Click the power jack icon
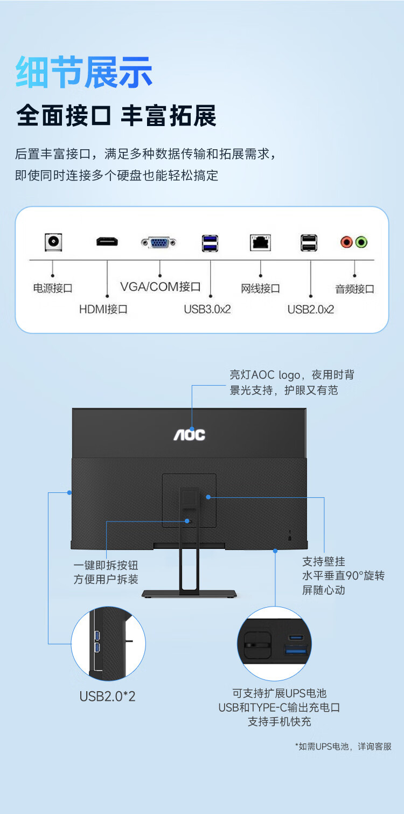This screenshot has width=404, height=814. tap(53, 242)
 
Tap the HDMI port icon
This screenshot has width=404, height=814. tap(107, 241)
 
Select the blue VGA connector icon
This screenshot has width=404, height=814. tap(159, 243)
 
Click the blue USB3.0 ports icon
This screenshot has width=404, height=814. tap(210, 243)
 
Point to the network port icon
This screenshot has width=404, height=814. tap(260, 242)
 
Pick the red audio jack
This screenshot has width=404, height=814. tap(346, 242)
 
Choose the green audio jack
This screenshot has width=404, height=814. tap(361, 242)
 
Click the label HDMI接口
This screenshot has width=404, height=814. tap(103, 309)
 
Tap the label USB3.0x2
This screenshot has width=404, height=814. tap(207, 309)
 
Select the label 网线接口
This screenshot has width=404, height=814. tap(260, 289)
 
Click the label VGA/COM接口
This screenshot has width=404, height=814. tap(160, 287)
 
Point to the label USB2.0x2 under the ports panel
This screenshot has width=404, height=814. tap(311, 309)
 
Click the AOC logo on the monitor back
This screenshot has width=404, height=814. tap(189, 434)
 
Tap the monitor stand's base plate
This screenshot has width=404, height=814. tap(189, 594)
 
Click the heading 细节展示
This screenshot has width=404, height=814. tap(84, 73)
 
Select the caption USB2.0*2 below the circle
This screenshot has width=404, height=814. tap(108, 696)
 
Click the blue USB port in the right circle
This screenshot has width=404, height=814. tap(296, 651)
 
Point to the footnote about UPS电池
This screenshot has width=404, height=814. tap(343, 747)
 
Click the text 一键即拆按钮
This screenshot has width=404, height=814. tap(106, 565)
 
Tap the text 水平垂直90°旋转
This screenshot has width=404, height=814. tap(344, 575)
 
